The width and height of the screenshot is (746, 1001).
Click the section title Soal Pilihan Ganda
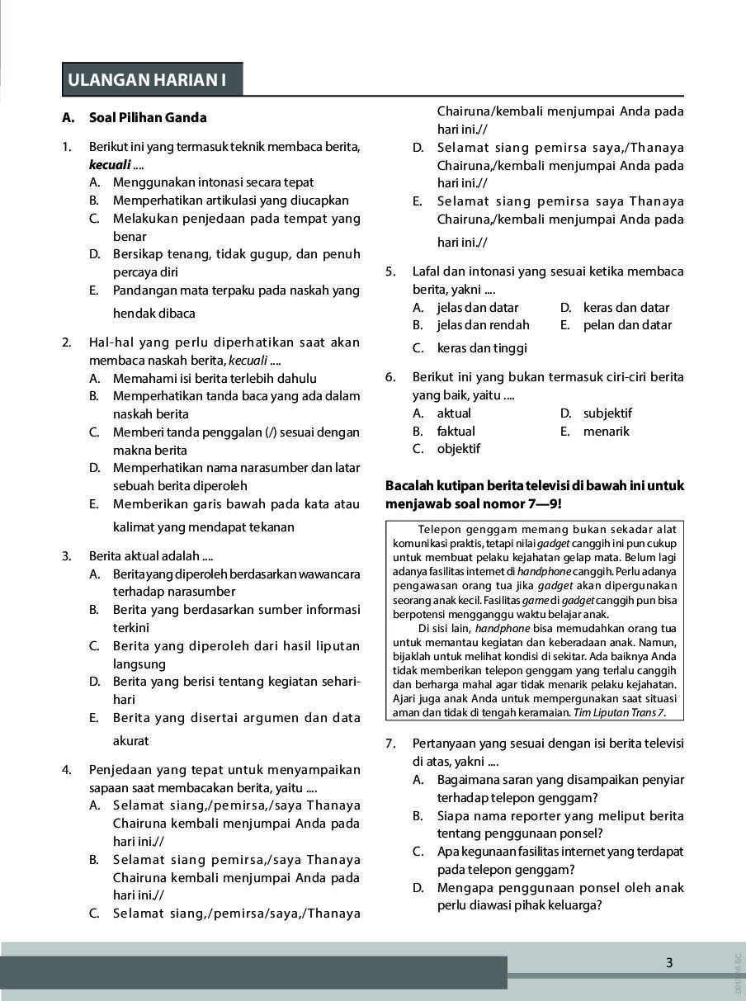[x=148, y=118]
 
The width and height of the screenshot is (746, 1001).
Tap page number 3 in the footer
[x=669, y=962]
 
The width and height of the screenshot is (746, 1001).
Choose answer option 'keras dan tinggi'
[x=482, y=348]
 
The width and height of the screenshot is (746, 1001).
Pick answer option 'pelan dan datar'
[x=627, y=325]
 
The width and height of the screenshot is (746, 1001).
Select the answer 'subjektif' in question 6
[x=607, y=413]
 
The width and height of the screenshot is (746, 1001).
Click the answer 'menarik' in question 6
[x=606, y=431]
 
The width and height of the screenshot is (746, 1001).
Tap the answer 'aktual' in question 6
[x=454, y=413]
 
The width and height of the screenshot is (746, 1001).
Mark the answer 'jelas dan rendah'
[x=483, y=325]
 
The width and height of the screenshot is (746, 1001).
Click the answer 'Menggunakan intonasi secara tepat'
[x=213, y=182]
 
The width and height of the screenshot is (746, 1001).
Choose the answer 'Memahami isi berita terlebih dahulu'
[x=215, y=379]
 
